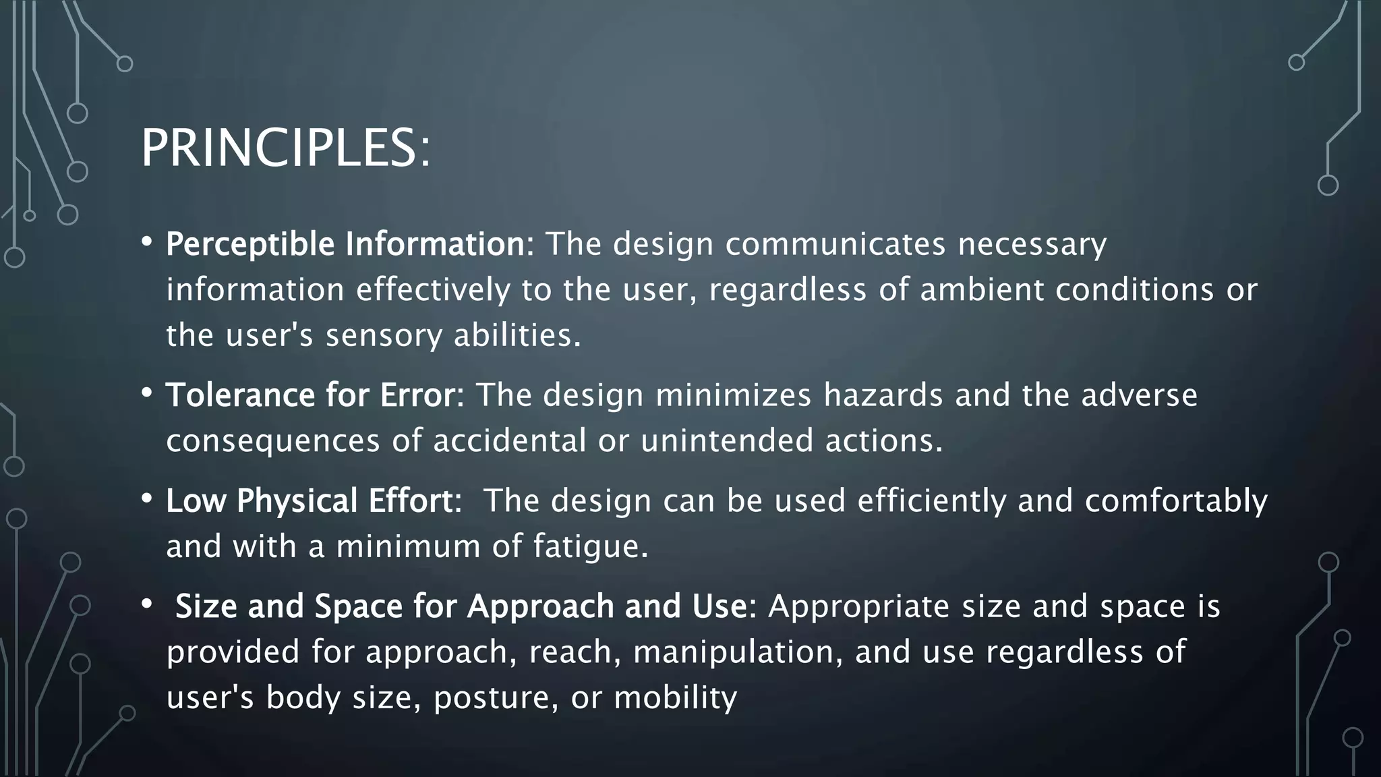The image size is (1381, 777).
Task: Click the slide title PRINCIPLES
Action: click(x=285, y=148)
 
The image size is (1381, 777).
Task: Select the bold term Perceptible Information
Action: click(x=345, y=244)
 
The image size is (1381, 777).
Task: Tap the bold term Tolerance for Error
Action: click(x=311, y=395)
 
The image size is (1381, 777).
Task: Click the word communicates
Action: click(x=835, y=244)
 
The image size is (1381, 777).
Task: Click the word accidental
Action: click(x=509, y=441)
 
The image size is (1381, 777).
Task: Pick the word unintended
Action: click(x=727, y=441)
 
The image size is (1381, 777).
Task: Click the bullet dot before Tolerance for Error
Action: click(x=147, y=393)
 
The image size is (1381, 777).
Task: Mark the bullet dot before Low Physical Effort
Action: click(x=147, y=499)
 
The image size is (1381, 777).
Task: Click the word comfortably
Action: click(x=1176, y=501)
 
